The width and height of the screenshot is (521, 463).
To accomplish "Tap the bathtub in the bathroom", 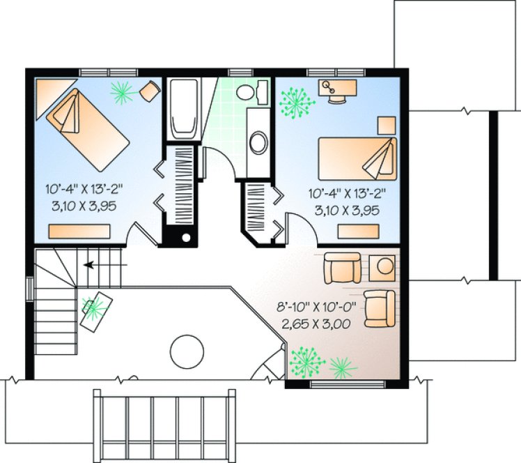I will (183, 108).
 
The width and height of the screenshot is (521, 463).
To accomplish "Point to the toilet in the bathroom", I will (251, 91).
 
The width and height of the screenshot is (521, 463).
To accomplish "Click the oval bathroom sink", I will (258, 142).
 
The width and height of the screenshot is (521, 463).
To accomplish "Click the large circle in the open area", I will (186, 348).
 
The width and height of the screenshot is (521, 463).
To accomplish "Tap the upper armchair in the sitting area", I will (342, 268).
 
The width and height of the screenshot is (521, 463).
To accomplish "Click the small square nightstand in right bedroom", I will (386, 124).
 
